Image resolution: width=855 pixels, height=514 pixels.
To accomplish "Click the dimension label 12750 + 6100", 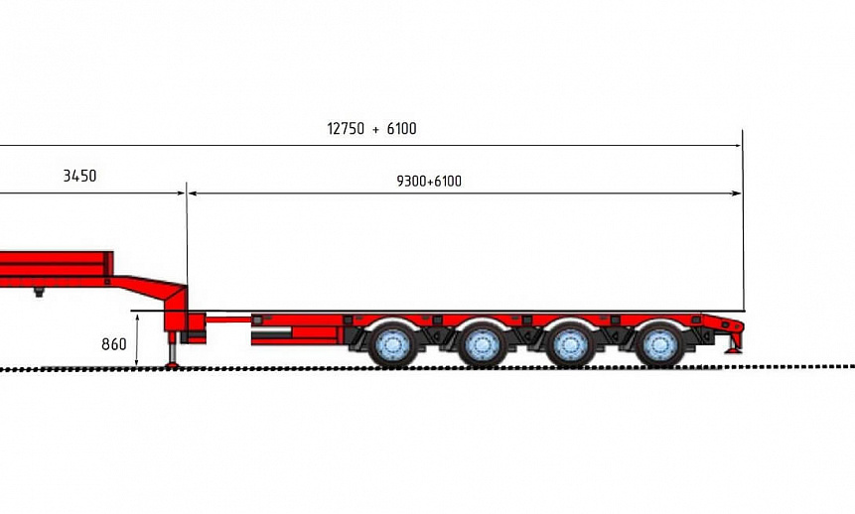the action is [x=371, y=129].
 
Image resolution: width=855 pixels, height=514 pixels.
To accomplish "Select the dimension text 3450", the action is [x=79, y=176].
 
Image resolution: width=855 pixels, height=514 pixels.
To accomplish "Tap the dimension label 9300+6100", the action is [x=429, y=181].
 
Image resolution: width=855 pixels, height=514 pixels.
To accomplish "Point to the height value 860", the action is [x=114, y=344].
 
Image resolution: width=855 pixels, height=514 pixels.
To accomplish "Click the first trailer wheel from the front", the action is [x=392, y=344].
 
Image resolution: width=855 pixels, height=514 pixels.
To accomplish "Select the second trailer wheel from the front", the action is [x=482, y=344].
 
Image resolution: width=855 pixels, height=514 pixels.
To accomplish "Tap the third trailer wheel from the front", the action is [x=570, y=344].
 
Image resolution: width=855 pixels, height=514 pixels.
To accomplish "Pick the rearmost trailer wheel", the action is [x=659, y=344].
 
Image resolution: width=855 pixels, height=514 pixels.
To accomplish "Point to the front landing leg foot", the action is [x=172, y=364].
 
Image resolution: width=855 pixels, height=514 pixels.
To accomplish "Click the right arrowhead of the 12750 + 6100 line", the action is [x=738, y=146].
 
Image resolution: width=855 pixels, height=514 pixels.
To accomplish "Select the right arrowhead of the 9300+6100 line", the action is [x=737, y=193].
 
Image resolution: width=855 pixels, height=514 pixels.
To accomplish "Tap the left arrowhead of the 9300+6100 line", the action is [x=192, y=193].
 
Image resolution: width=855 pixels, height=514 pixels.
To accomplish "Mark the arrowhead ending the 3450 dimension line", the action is [x=181, y=193].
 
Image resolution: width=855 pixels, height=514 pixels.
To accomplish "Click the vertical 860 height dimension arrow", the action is [x=137, y=339].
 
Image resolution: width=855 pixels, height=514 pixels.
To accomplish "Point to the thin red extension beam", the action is [x=228, y=319].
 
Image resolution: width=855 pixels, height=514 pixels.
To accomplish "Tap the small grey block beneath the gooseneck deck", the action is [x=39, y=292].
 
